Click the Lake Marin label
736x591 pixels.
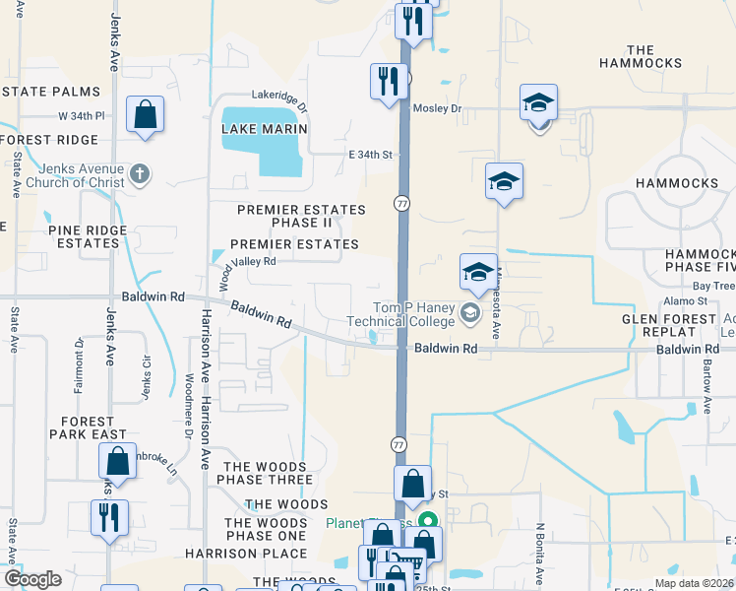click(x=265, y=129)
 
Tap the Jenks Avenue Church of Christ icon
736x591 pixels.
click(x=140, y=174)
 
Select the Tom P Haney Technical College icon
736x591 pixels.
click(x=469, y=314)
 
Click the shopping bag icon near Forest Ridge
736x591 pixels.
click(x=145, y=114)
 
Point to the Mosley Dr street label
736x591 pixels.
click(x=437, y=108)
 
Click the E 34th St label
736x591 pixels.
click(x=370, y=155)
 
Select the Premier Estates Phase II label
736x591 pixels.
click(x=301, y=217)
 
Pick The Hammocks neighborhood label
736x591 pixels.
click(x=653, y=57)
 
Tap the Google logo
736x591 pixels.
click(x=33, y=579)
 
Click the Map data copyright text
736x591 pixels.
click(x=693, y=583)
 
